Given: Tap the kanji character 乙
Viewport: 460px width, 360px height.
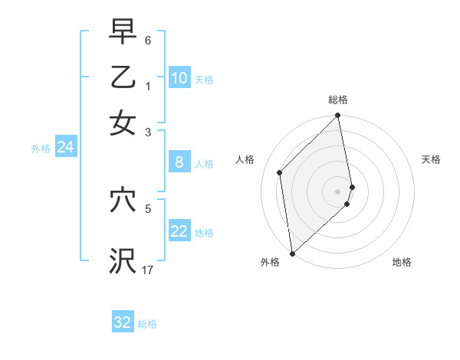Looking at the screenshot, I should [x=123, y=77].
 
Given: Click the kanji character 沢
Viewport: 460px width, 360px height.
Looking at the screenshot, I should [x=123, y=260].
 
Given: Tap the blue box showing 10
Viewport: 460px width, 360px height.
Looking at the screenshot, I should [x=179, y=78].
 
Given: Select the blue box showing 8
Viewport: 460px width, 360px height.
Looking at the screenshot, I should [x=179, y=162].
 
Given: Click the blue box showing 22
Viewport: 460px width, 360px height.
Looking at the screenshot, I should [x=179, y=232].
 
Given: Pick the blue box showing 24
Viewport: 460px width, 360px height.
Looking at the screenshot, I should [x=65, y=147].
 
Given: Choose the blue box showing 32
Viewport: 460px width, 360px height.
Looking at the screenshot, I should [x=123, y=322].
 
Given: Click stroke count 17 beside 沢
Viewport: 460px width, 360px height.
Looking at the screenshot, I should [x=148, y=270].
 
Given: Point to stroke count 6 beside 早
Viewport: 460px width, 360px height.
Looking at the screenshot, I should [x=147, y=39].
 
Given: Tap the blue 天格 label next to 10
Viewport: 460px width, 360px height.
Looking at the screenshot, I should [x=204, y=79].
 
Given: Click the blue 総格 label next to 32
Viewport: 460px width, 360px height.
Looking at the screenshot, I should [x=147, y=324].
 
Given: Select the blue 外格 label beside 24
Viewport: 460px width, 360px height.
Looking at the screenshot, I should [x=41, y=148].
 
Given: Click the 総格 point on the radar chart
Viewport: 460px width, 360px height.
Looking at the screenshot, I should [x=338, y=116].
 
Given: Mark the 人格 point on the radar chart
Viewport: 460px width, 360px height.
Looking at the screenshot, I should [x=280, y=172].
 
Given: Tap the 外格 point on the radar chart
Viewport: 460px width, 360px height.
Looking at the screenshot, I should [x=292, y=253].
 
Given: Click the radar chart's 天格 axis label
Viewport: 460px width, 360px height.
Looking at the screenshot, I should [x=431, y=159].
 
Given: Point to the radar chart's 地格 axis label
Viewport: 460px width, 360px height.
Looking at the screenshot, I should [x=402, y=262].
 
